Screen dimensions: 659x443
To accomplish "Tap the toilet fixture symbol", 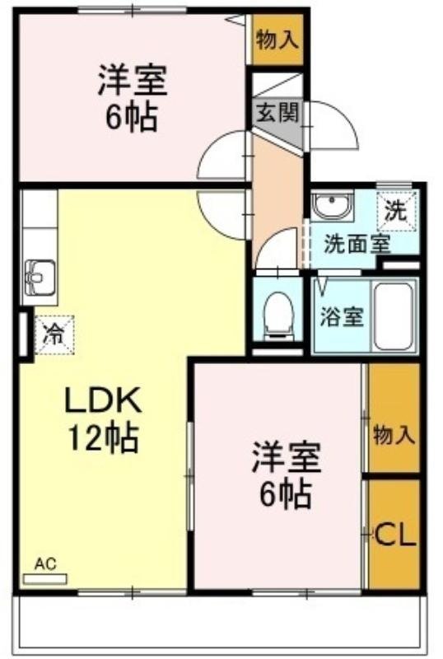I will (277, 314).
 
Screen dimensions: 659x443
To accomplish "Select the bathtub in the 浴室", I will (395, 316).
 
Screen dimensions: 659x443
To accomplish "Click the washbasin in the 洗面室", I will (332, 206).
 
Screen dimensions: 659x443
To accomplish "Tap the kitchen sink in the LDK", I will (39, 277).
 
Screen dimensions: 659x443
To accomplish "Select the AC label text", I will (44, 564).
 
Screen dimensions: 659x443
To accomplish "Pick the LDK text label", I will (104, 402).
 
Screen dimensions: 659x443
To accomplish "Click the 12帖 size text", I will (104, 438).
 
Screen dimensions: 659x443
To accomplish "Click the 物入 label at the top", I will (277, 40).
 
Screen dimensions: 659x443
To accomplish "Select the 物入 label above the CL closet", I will (393, 434).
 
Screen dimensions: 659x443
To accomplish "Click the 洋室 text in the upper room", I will (132, 82).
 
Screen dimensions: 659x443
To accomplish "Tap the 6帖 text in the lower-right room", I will (285, 494).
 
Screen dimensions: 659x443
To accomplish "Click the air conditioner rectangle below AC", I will (44, 578).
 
